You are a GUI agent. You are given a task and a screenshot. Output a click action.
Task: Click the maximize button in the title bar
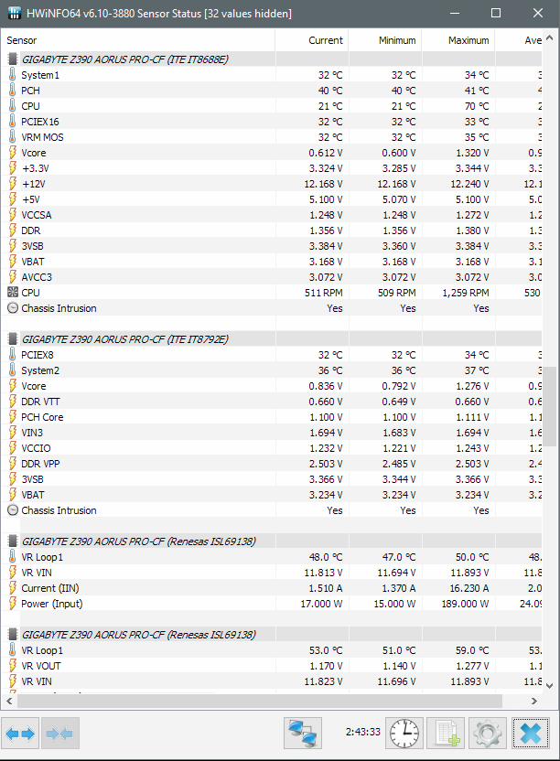click(x=496, y=13)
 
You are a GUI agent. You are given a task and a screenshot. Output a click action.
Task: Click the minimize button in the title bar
click(x=454, y=13)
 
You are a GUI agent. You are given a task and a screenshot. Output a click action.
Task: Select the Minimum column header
click(x=397, y=40)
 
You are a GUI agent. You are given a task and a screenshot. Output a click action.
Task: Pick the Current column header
click(x=326, y=40)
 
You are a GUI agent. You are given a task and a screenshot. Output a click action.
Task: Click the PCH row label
click(x=30, y=91)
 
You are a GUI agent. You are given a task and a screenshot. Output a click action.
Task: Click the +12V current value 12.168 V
click(x=319, y=184)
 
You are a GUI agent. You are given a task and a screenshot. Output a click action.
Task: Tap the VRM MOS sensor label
click(x=42, y=137)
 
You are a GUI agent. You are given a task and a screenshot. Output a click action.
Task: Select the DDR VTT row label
click(x=41, y=402)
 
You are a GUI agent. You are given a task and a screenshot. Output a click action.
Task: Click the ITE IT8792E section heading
click(x=125, y=339)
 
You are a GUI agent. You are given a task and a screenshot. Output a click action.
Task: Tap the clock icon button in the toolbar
click(x=404, y=733)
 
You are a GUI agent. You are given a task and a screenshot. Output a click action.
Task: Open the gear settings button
click(x=488, y=733)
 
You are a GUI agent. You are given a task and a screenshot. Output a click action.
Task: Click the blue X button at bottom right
click(x=530, y=733)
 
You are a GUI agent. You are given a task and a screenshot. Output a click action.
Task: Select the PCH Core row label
click(x=42, y=417)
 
